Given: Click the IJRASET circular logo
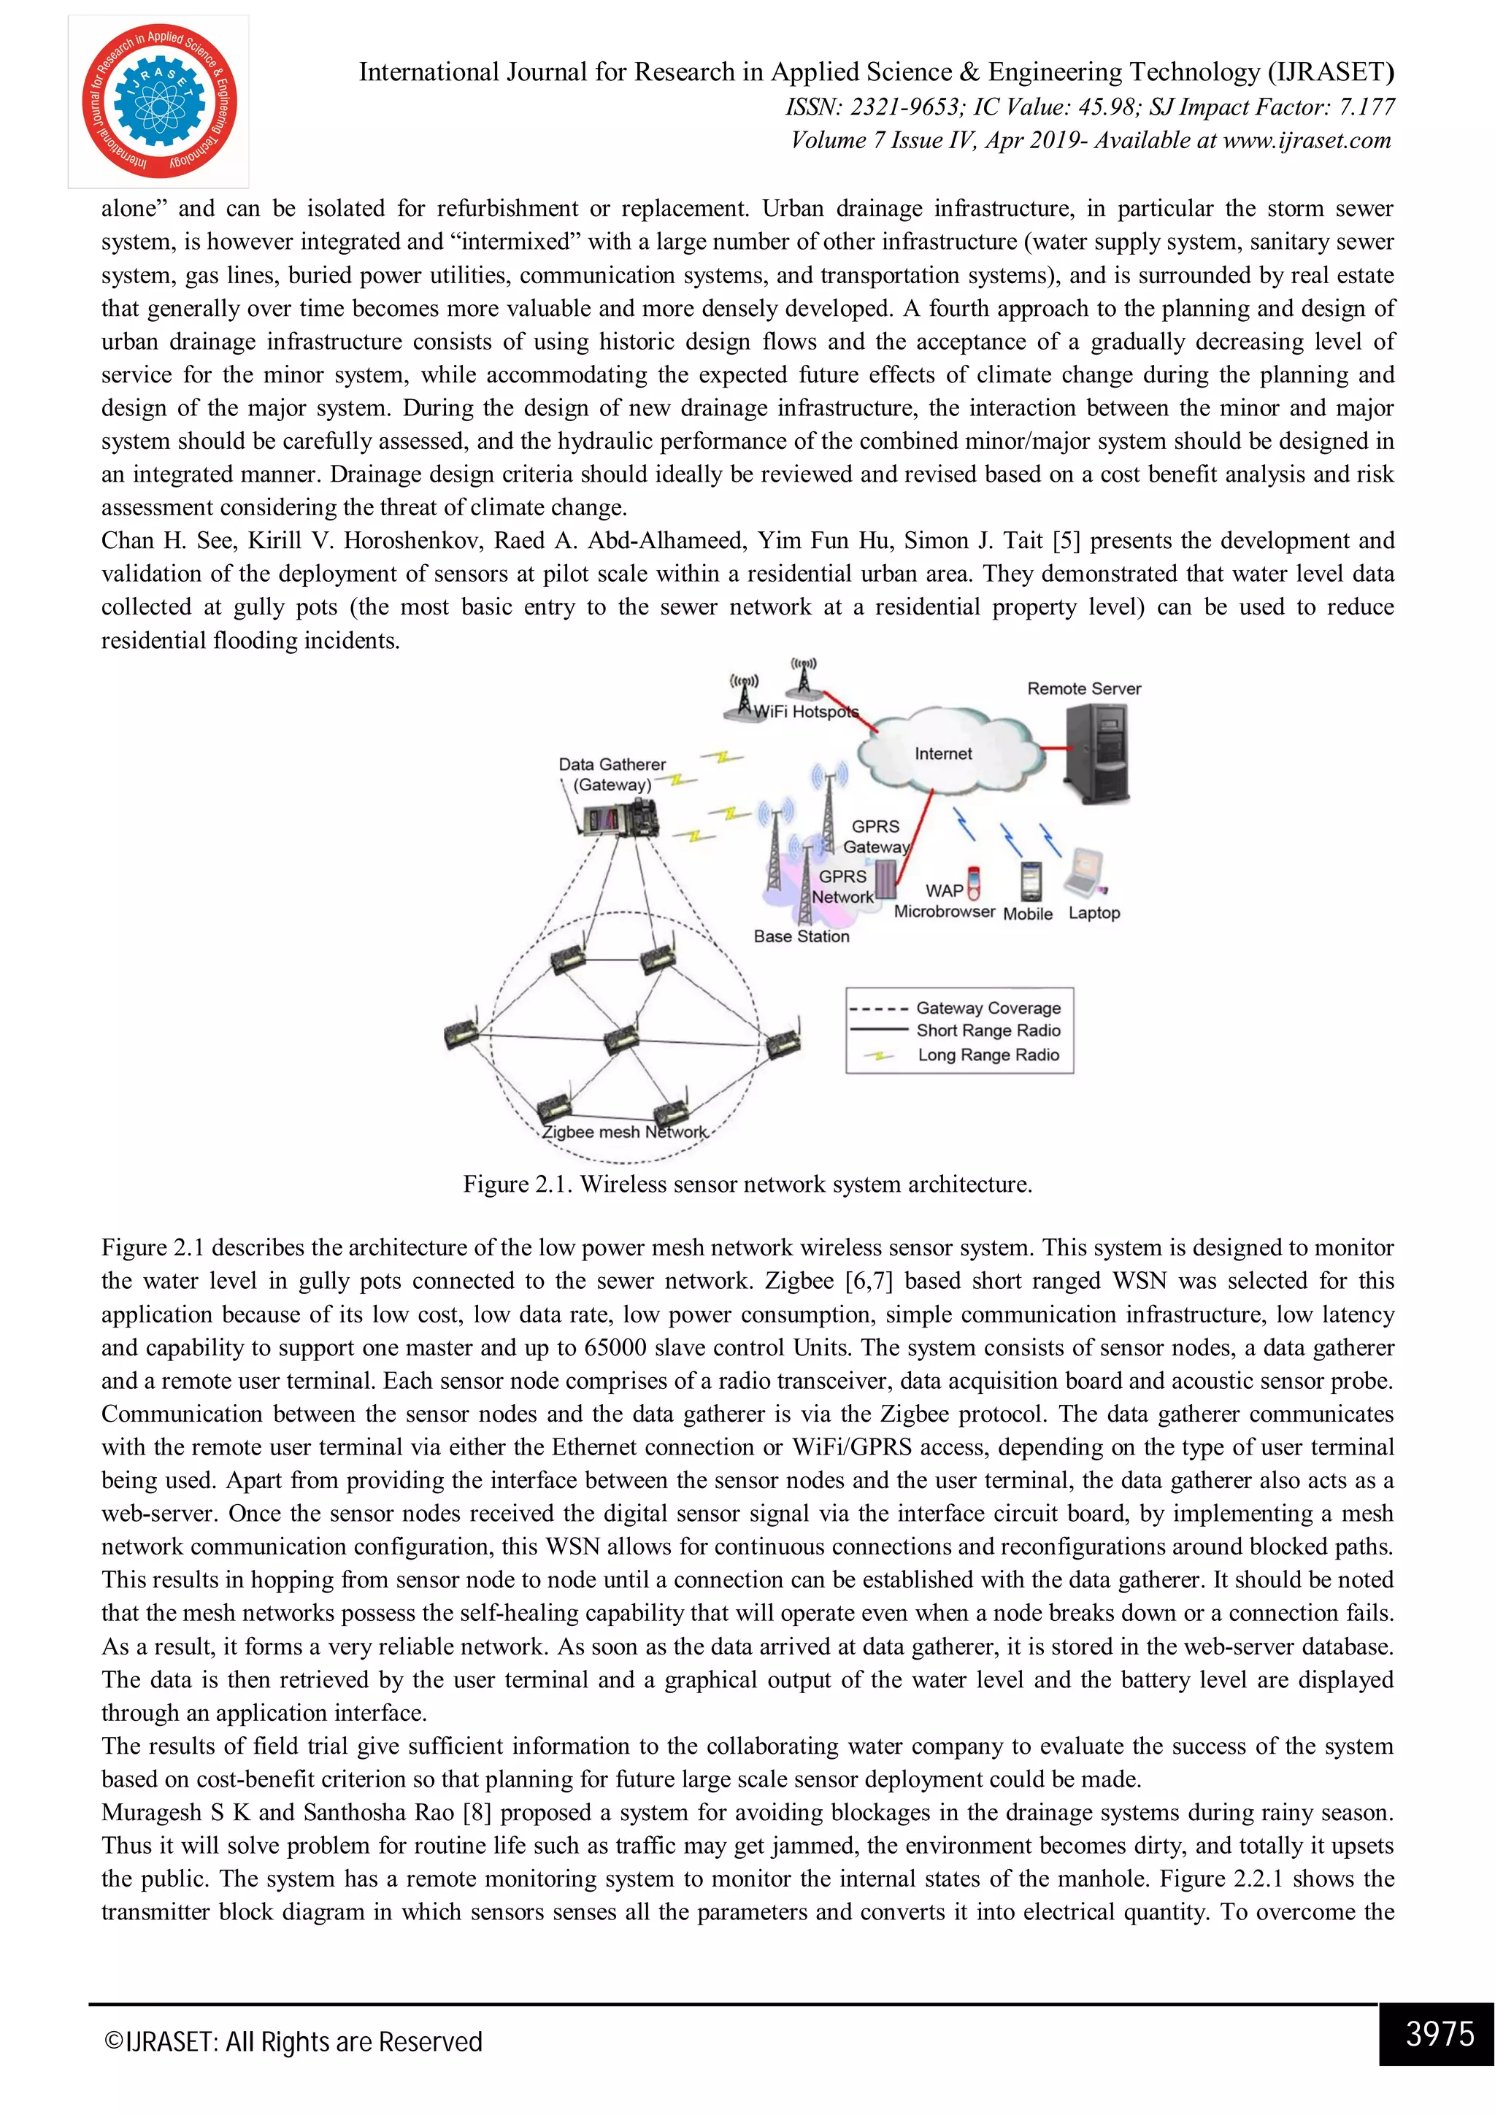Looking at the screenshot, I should point(158,101).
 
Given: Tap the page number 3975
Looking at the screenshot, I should point(1440,2033).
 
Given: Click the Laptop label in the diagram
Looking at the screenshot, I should point(1094,913).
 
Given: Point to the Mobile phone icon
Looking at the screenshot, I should point(1031,881).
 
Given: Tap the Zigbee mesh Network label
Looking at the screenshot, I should point(625,1132).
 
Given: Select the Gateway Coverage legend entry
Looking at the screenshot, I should point(988,1008).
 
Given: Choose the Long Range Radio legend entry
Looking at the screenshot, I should point(988,1055).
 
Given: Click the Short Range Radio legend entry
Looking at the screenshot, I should point(988,1030).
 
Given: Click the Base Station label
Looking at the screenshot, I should point(801,936).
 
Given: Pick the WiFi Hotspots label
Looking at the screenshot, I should point(806,712).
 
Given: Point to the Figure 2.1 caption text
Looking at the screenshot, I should point(747,1184).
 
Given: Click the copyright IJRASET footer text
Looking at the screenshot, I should point(293,2042).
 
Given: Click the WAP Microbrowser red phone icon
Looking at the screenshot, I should point(975,882).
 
